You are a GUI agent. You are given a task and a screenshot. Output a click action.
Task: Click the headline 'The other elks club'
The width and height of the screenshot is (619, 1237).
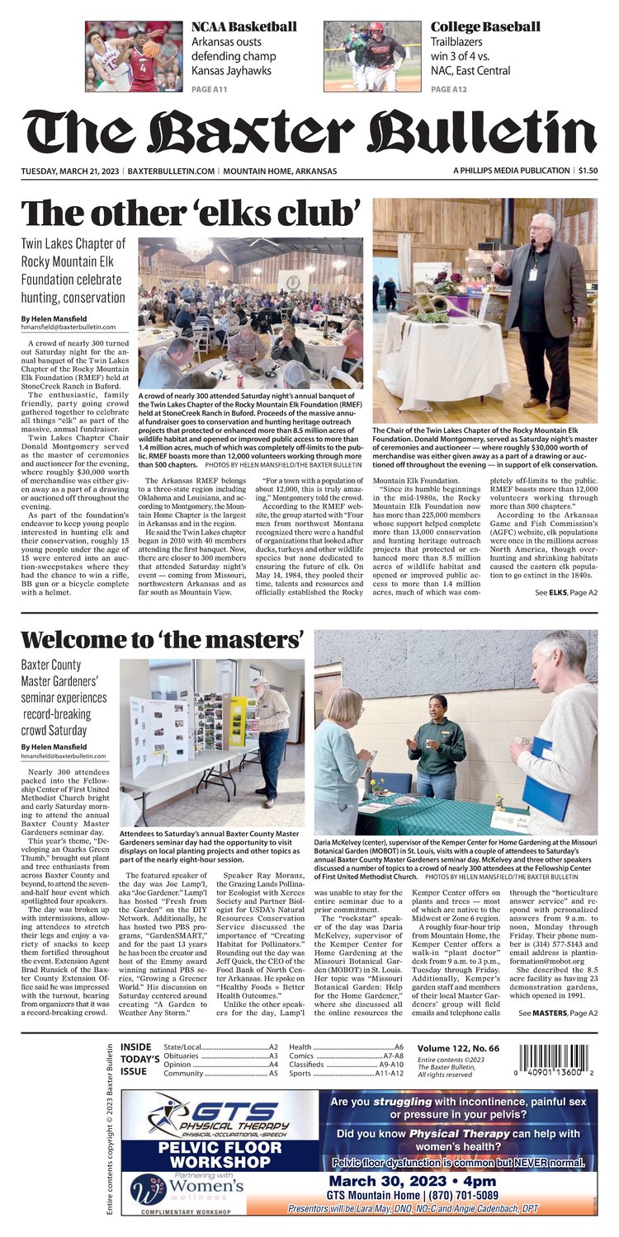[191, 214]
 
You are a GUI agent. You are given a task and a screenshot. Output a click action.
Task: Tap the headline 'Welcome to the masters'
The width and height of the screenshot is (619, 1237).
[162, 639]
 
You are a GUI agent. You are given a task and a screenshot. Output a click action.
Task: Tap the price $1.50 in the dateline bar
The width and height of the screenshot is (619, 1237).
[588, 171]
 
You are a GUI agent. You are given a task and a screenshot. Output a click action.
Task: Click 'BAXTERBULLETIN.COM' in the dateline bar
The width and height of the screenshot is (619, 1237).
[172, 171]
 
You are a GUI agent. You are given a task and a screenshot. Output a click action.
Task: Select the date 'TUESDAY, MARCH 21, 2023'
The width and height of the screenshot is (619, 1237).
[71, 171]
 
